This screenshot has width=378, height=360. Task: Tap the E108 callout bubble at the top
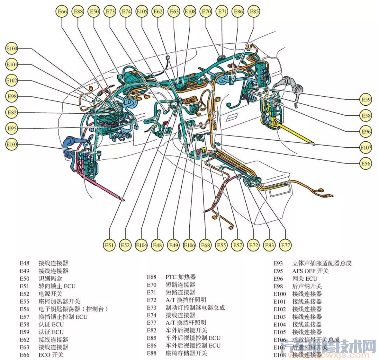click(x=190, y=12)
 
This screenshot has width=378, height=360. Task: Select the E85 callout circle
click(x=254, y=12)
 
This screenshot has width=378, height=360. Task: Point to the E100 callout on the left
click(x=12, y=49)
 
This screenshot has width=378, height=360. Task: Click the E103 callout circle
click(x=12, y=144)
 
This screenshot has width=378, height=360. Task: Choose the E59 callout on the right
click(x=366, y=100)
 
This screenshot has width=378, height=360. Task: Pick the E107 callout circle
click(x=366, y=148)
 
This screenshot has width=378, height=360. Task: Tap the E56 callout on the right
click(x=366, y=163)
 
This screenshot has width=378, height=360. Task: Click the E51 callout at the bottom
click(x=110, y=245)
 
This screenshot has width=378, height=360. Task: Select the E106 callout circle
click(x=189, y=245)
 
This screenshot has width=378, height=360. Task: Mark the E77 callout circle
click(x=286, y=245)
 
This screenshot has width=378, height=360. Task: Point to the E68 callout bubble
click(x=205, y=245)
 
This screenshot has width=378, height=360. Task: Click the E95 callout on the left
click(x=12, y=128)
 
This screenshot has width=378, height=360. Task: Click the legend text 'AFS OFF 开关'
click(x=310, y=271)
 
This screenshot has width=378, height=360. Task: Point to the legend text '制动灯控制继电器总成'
click(x=195, y=308)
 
